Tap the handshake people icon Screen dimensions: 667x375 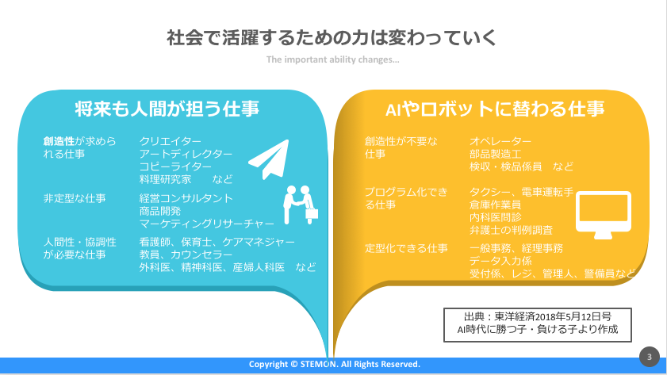tap(301, 205)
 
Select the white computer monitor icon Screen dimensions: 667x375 tap(604, 215)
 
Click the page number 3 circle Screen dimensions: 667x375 tap(649, 357)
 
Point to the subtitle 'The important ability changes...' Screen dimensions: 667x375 tap(332, 59)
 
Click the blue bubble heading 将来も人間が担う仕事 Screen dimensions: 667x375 tap(167, 109)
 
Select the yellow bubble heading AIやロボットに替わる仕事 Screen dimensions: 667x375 tap(495, 109)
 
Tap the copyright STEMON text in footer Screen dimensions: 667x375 tap(335, 364)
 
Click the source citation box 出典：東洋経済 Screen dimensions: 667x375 tap(537, 325)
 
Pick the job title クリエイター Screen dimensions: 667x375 tap(171, 141)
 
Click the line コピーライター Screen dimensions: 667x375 tap(175, 166)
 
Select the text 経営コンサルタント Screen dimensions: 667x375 tap(186, 198)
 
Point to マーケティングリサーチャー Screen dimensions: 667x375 tap(207, 224)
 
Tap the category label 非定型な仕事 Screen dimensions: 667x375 tap(75, 198)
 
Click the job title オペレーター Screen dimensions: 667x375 tap(500, 141)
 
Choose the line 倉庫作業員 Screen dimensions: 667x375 tap(495, 205)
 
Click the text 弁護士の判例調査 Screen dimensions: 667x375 tap(511, 230)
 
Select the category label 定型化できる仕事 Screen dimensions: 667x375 tap(406, 248)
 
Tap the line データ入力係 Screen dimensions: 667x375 tap(500, 261)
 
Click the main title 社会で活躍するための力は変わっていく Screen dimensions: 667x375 tap(332, 37)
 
